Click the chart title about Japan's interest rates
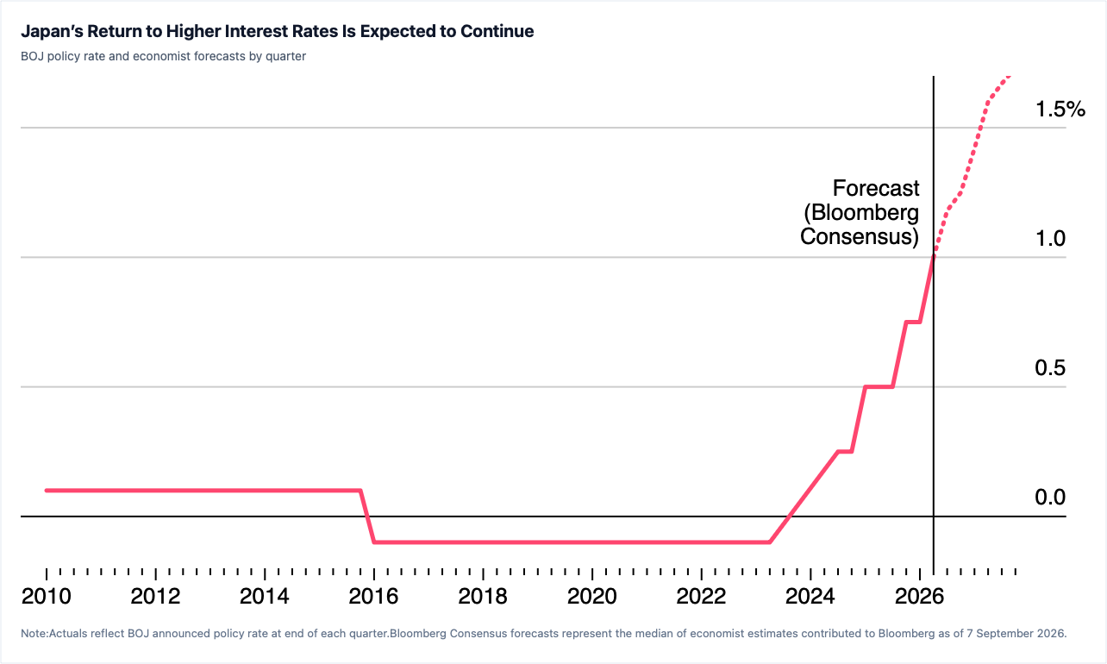click(278, 31)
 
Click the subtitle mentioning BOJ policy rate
click(163, 56)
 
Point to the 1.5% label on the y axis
click(1060, 109)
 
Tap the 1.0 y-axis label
click(1050, 238)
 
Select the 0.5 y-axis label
click(1050, 368)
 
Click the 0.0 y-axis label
click(1050, 498)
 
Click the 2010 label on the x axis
click(47, 596)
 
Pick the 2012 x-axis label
click(156, 596)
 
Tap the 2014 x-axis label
click(265, 596)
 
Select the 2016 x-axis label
click(374, 596)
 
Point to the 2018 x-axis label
click(483, 596)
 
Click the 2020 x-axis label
click(592, 596)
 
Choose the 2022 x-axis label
click(701, 596)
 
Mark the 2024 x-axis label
click(810, 596)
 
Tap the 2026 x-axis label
click(920, 596)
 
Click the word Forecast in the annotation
click(876, 188)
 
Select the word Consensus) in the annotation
click(860, 236)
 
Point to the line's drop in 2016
click(367, 517)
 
